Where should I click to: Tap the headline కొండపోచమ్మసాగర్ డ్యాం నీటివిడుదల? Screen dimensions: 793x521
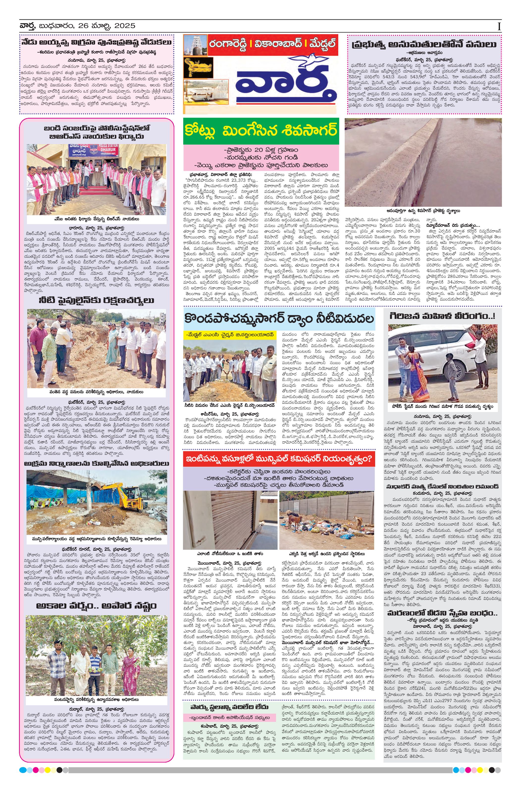[x=279, y=319]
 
